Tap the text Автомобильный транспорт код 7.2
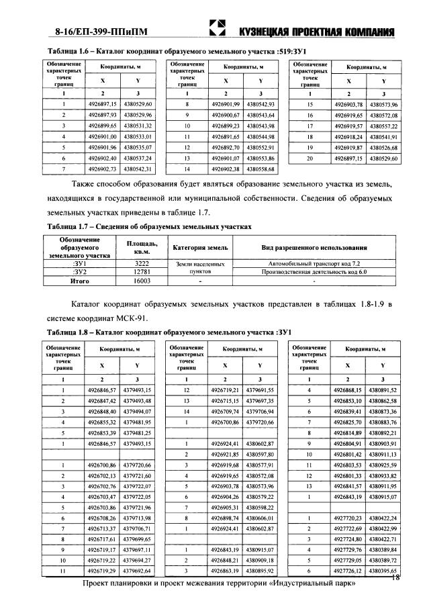coord(314,264)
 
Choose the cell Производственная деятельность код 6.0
coord(314,273)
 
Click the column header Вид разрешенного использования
coord(314,248)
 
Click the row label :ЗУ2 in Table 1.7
coord(80,273)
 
